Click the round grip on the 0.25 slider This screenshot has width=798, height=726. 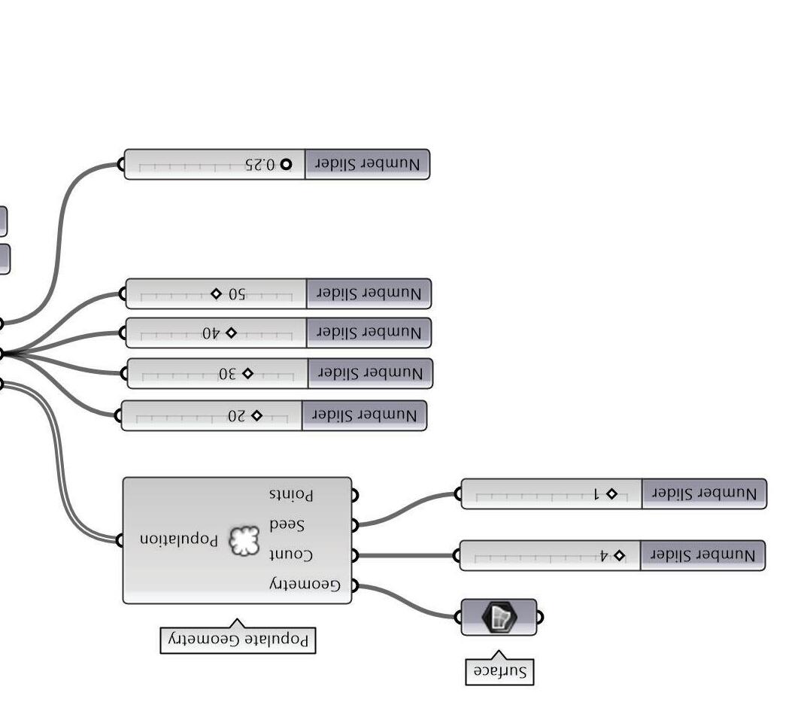point(285,165)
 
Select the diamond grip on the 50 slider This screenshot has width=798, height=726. point(216,293)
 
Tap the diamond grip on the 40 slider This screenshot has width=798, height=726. point(231,333)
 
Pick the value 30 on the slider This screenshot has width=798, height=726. point(227,373)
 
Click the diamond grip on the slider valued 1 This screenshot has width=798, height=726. point(611,494)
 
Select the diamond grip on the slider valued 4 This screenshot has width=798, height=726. point(619,556)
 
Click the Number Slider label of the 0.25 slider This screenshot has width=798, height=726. point(367,165)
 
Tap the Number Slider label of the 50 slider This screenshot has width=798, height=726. point(369,293)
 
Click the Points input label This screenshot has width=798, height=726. point(291,495)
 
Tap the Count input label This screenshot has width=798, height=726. point(290,554)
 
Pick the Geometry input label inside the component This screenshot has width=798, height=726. point(305,585)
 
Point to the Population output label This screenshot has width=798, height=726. point(178,539)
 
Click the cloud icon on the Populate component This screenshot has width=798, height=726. point(243,540)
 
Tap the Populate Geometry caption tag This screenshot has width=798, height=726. point(238,640)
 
